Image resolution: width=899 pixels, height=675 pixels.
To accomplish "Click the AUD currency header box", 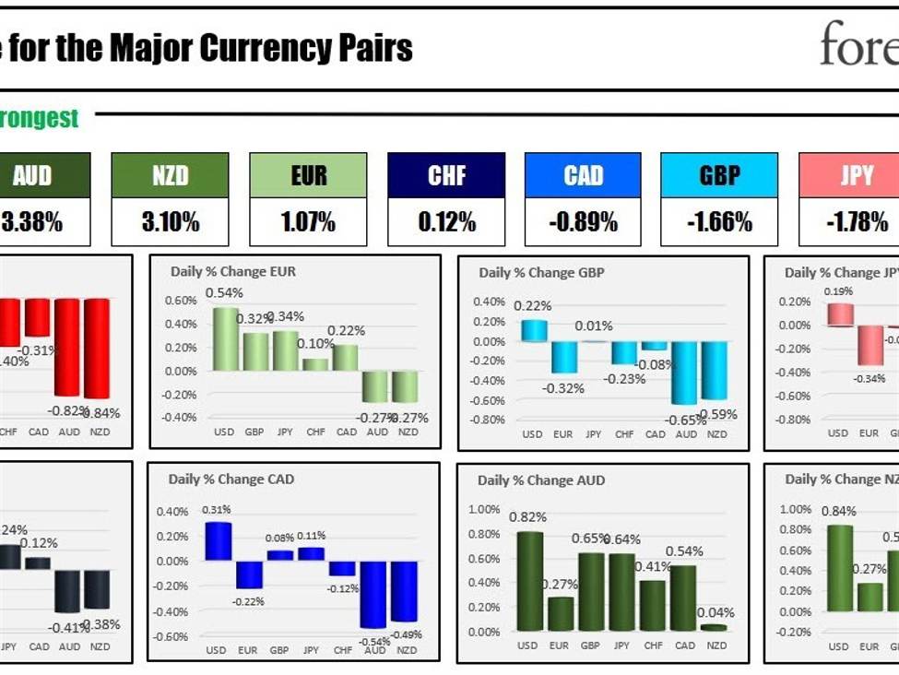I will [x=33, y=175].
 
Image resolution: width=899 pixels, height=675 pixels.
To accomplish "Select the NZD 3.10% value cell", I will [x=170, y=222].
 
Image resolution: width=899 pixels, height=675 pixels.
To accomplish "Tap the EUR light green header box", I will [x=308, y=175].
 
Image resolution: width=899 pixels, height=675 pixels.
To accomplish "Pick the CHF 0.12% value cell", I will [x=446, y=222].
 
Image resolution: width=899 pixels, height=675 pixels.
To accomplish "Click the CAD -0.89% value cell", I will [x=583, y=222].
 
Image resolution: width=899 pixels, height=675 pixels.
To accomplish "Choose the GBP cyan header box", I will [x=719, y=175].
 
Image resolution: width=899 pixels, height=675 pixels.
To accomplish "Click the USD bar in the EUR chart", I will [x=225, y=338].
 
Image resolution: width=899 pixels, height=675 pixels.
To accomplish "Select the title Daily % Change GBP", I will [x=541, y=273].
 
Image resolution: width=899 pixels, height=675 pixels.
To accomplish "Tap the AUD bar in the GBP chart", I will [x=684, y=373].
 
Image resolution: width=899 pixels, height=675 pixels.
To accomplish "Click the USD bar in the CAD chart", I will [x=218, y=541].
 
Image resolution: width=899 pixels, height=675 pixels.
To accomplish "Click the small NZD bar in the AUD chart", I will [x=714, y=628].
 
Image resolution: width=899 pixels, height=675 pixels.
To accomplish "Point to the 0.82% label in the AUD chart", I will [x=528, y=517].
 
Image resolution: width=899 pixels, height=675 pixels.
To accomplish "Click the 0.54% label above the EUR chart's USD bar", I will [x=224, y=293].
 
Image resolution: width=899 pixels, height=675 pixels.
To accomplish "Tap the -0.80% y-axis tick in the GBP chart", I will [x=488, y=420].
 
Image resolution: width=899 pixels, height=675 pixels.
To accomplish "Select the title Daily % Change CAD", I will [x=231, y=480].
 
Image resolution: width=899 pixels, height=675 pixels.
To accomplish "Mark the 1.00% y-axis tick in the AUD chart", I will [x=485, y=510].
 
